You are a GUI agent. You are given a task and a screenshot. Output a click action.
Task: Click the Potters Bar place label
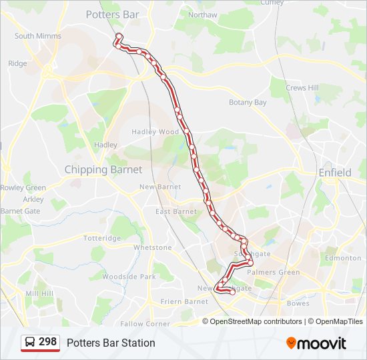[x=112, y=15]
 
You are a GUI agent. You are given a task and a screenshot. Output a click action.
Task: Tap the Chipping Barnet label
[x=103, y=170]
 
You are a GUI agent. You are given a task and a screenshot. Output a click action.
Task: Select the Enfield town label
[x=334, y=173]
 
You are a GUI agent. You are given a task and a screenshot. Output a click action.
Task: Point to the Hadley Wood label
[x=155, y=132]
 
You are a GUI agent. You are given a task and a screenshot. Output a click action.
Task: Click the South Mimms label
[x=37, y=36]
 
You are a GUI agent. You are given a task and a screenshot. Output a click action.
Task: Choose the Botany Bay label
[x=248, y=103]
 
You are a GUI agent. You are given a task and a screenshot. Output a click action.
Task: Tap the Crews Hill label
[x=302, y=88]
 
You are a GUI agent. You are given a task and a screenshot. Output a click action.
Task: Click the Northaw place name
[x=203, y=15]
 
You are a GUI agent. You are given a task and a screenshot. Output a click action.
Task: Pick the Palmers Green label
[x=274, y=272]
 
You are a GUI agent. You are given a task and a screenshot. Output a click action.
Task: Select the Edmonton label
[x=343, y=258]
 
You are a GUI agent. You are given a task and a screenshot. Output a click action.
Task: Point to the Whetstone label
[x=152, y=247]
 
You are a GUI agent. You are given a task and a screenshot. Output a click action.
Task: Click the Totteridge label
[x=101, y=238]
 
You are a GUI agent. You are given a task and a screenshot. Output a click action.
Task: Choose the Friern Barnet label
[x=184, y=301]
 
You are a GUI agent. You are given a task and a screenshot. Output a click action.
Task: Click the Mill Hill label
[x=39, y=293]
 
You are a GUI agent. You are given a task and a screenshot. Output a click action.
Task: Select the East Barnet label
[x=176, y=212]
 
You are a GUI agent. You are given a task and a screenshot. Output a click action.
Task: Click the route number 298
[x=47, y=342]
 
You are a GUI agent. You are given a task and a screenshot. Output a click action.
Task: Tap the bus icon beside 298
[x=30, y=343]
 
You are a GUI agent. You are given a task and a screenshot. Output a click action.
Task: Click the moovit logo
[x=316, y=343]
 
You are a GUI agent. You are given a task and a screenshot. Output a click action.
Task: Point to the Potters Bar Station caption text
[x=111, y=343]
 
